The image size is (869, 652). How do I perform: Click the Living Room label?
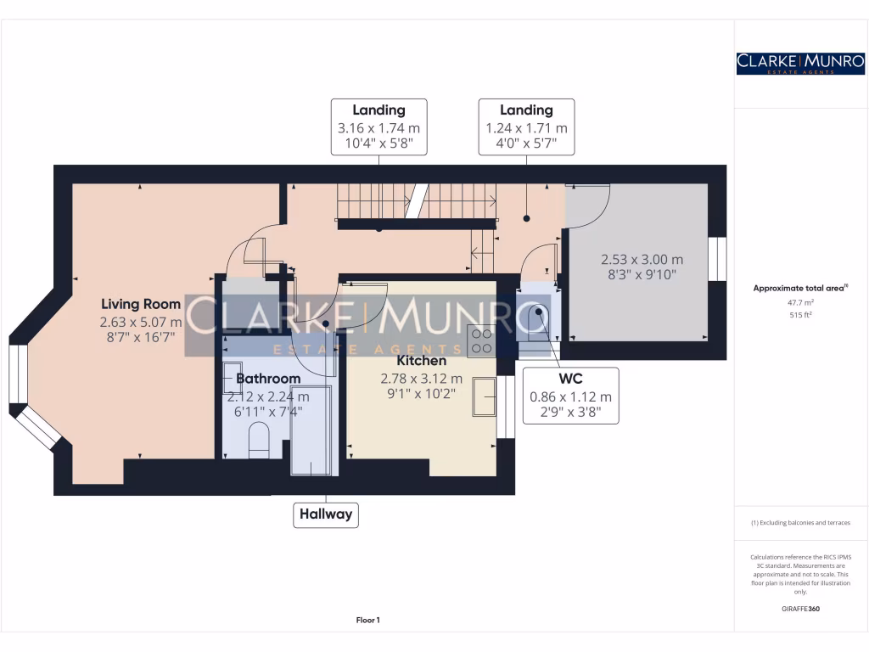(141, 304)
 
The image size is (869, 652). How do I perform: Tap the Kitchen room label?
(421, 361)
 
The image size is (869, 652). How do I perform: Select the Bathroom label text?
(268, 378)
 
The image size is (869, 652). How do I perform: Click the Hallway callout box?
(325, 514)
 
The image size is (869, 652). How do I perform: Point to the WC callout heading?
(570, 378)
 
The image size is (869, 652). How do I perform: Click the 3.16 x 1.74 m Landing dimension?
(378, 128)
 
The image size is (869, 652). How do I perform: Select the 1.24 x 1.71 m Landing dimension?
(526, 128)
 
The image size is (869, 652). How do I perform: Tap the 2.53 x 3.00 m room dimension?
(642, 260)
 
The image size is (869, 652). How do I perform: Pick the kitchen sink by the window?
(484, 396)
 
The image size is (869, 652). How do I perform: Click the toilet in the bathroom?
(259, 441)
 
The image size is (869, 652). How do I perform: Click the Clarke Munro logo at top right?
(800, 63)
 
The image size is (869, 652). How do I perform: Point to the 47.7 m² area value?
(800, 301)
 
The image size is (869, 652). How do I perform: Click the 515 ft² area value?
(800, 314)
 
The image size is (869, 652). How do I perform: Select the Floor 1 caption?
(367, 621)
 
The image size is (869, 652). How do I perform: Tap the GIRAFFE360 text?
(800, 609)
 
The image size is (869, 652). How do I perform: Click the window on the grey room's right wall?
(718, 259)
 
